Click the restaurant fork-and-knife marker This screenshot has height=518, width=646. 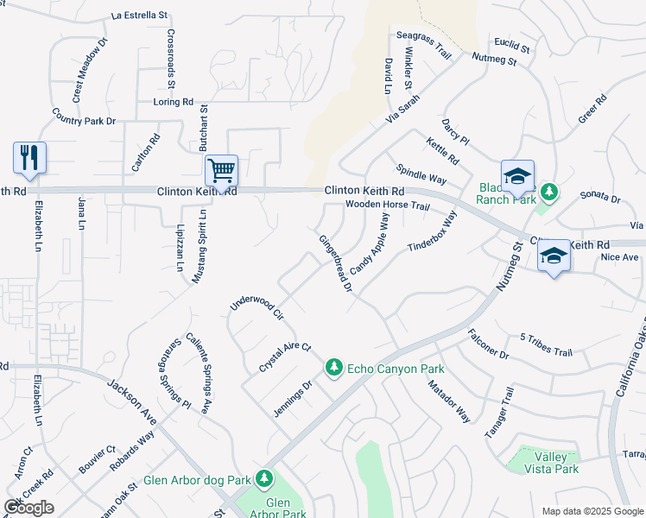coord(29,158)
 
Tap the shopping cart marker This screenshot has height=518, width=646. coord(222,170)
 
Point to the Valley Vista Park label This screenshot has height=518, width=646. coord(551,463)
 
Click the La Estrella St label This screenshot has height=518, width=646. coord(140,16)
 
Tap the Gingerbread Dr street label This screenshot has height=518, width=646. coord(335,263)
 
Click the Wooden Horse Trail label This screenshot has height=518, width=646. coord(387,205)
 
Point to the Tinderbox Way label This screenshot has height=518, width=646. coord(432,231)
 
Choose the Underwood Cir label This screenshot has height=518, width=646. coord(256,306)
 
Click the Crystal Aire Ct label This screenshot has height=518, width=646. coord(284,357)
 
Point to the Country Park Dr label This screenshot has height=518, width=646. coord(83,117)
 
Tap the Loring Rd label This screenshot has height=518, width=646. coord(173,102)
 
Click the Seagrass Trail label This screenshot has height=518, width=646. coord(424,46)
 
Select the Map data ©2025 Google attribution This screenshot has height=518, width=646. coord(592,511)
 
